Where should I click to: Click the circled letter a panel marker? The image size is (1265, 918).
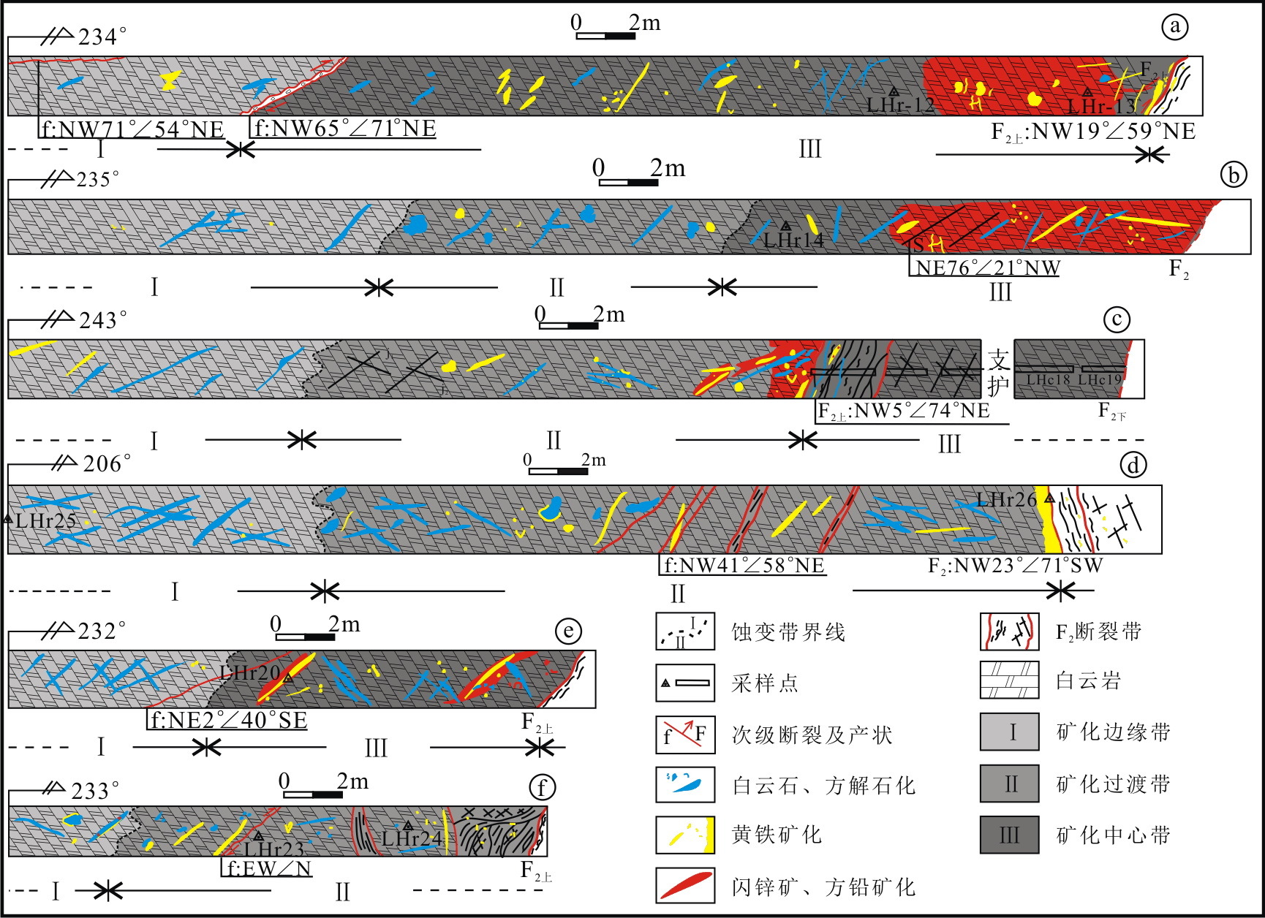click(x=1175, y=27)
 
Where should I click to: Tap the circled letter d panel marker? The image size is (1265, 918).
click(x=1133, y=465)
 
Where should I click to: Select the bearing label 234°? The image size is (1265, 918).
click(x=102, y=37)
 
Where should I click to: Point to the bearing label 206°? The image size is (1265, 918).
click(x=107, y=464)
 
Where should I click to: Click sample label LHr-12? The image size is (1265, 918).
click(x=900, y=105)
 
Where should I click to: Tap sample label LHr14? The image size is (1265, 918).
click(x=793, y=239)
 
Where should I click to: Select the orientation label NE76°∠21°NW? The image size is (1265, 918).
click(x=988, y=268)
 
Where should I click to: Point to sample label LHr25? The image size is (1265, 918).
click(x=45, y=521)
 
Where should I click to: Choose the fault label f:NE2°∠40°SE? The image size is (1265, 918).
click(x=228, y=720)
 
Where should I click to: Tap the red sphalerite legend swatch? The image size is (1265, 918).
click(x=685, y=886)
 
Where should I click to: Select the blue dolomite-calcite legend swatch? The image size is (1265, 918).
click(x=685, y=784)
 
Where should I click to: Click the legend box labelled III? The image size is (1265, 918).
click(x=1009, y=835)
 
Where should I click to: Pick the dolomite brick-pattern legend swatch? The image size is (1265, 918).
click(x=1009, y=680)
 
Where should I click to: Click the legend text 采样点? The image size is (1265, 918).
click(x=765, y=683)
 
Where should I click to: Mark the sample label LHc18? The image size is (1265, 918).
click(x=1048, y=379)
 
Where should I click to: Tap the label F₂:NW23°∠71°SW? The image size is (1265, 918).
click(x=1015, y=565)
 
